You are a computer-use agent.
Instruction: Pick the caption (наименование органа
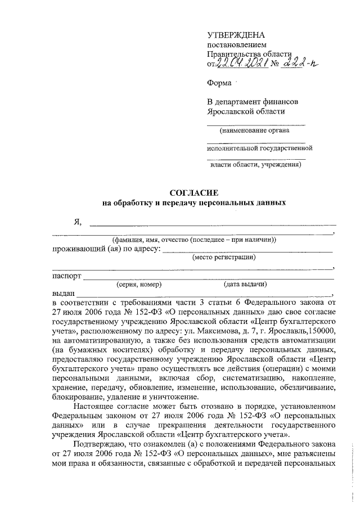coord(255,130)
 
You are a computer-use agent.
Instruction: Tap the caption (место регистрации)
coord(224,258)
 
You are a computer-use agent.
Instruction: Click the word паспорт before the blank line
coord(67,276)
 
